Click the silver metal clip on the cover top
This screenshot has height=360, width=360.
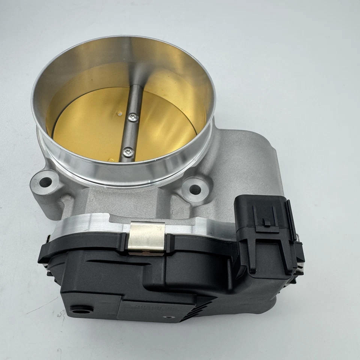coord(147,236)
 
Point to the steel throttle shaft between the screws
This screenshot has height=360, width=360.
coord(130,135)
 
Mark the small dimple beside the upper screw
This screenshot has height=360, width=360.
coord(119,112)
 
